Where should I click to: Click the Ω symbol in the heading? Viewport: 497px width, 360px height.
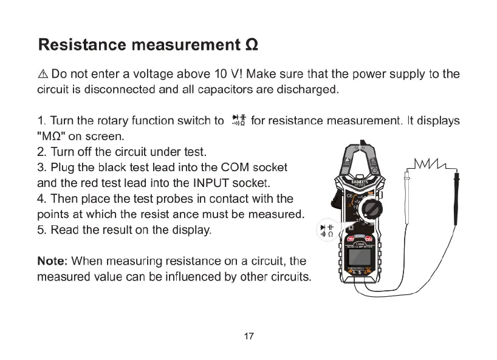(251, 46)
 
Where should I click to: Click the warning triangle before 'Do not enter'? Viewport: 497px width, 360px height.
(43, 75)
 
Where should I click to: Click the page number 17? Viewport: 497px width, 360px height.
(248, 336)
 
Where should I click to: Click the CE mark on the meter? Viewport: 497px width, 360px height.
(350, 197)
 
